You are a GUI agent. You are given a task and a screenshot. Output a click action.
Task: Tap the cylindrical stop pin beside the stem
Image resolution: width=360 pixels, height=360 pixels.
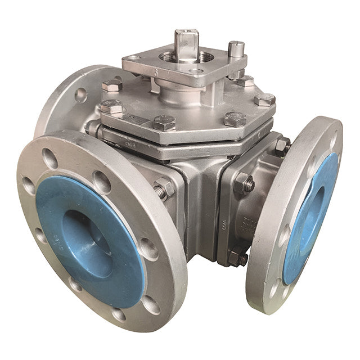[x=236, y=54]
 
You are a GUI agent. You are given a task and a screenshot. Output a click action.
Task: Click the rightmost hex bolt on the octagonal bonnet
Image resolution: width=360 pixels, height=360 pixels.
[x=264, y=100]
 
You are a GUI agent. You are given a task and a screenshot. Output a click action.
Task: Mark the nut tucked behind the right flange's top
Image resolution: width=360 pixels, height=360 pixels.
[x=280, y=147]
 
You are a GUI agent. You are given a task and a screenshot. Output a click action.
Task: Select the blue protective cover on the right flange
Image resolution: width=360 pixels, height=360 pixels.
[x=312, y=219]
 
